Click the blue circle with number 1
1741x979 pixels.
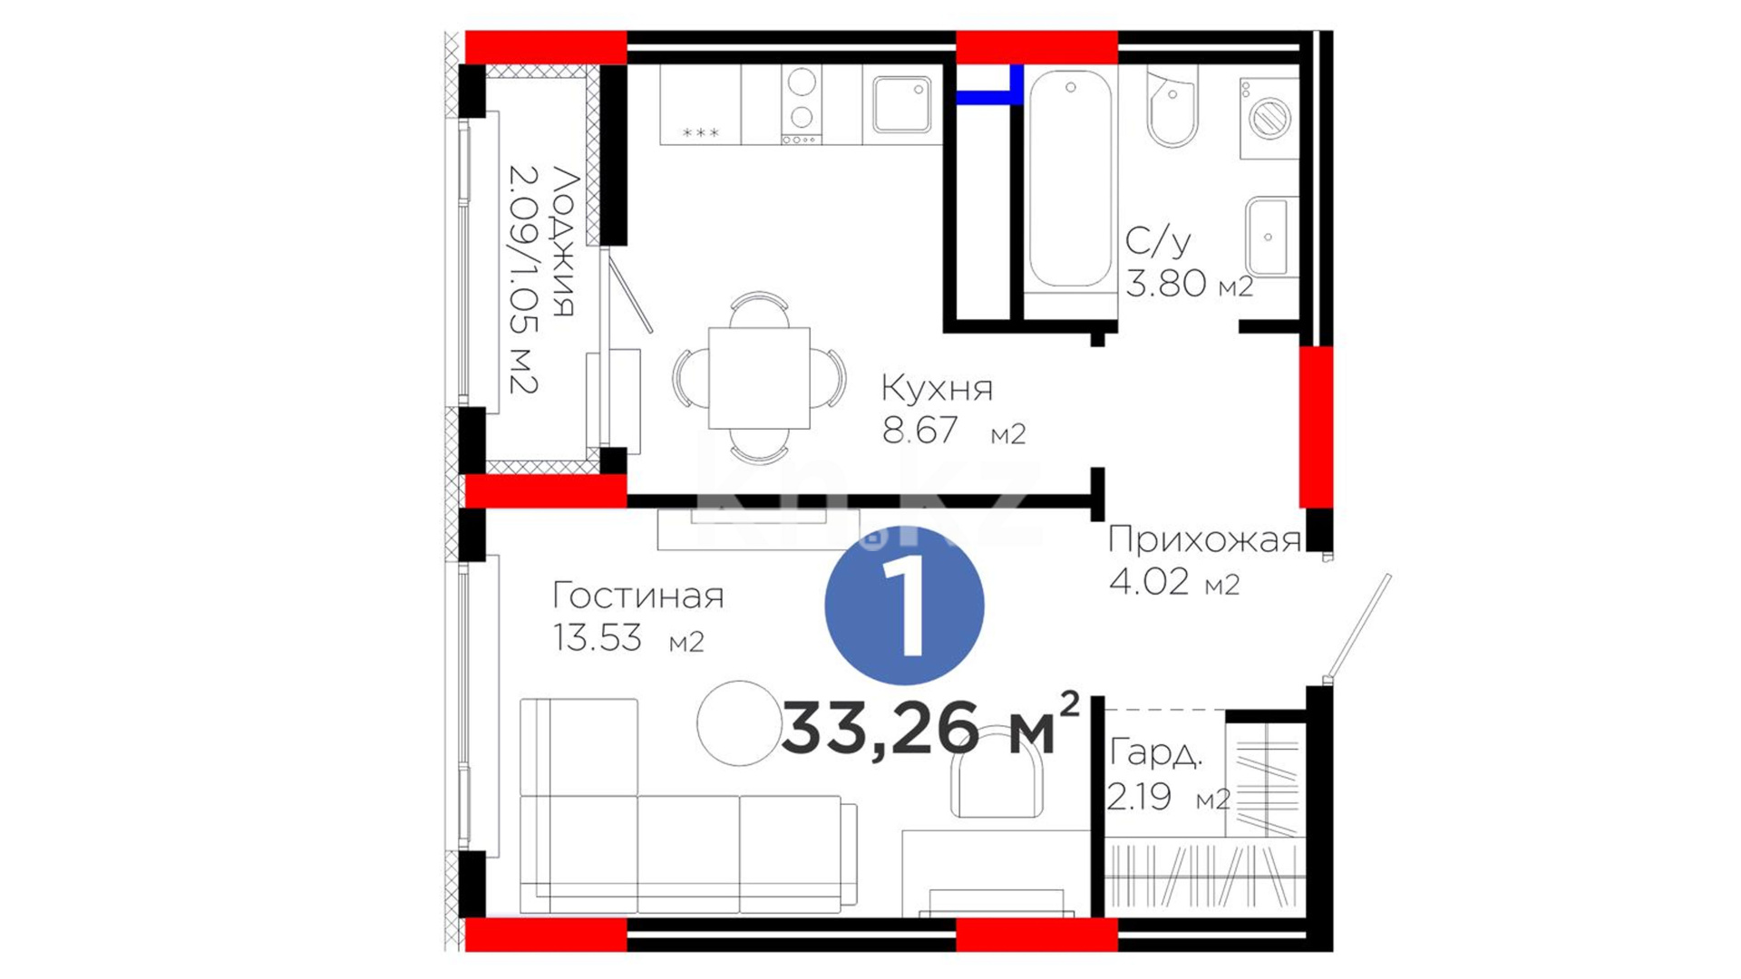(904, 606)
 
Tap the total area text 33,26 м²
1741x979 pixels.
(930, 726)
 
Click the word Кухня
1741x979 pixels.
(937, 388)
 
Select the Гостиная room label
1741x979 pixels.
(638, 596)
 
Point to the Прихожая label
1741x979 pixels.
(1204, 539)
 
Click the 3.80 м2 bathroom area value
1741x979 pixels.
(1189, 284)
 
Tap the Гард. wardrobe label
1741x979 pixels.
(1156, 752)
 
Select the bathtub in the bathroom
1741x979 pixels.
(1070, 181)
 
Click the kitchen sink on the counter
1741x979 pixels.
(902, 104)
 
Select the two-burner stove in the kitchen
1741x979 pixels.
(802, 104)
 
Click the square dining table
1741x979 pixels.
(759, 378)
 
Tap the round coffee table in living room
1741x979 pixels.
(740, 723)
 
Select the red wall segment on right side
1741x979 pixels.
(1316, 427)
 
